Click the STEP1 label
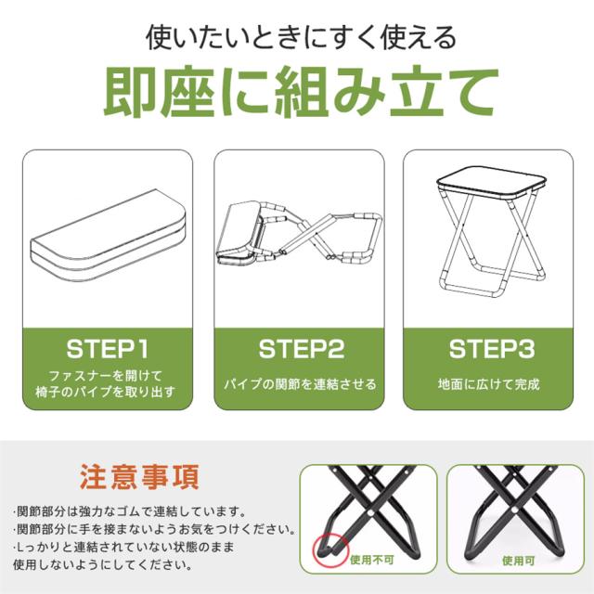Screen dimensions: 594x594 tap(108, 349)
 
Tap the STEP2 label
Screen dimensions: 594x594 tap(302, 349)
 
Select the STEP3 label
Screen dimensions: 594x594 tap(492, 349)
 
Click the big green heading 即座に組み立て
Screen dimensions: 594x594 tap(301, 91)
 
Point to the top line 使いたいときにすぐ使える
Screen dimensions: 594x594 tap(301, 37)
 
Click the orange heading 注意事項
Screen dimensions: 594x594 tap(139, 477)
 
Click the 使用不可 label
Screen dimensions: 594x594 tap(372, 560)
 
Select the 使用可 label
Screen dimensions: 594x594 tap(519, 561)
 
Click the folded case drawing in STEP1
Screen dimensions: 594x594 tap(108, 235)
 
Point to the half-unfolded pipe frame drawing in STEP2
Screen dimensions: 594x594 tap(299, 234)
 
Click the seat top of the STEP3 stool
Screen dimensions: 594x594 tap(491, 182)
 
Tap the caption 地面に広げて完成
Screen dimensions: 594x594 tap(489, 384)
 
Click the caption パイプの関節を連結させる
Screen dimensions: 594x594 tap(300, 384)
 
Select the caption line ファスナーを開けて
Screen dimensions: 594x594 tap(106, 376)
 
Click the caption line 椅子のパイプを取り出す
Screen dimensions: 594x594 tap(106, 392)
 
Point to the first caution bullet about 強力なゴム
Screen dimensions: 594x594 tap(130, 511)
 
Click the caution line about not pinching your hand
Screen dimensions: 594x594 tap(154, 529)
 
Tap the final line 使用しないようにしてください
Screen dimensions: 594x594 tap(104, 565)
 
